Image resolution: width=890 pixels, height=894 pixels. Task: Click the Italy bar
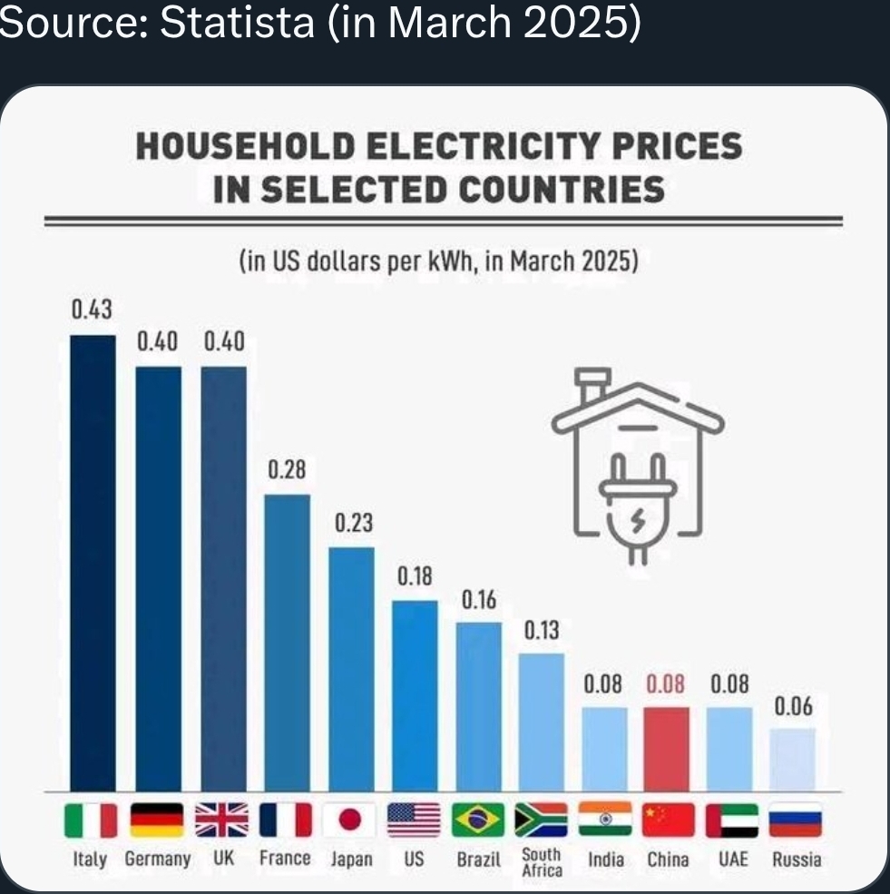click(x=93, y=563)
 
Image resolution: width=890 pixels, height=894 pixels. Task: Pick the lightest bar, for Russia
click(x=793, y=759)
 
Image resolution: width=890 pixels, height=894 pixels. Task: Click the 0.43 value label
click(x=93, y=310)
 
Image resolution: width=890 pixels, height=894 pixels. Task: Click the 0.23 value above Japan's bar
click(x=353, y=525)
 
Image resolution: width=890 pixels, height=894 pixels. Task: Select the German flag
click(x=157, y=820)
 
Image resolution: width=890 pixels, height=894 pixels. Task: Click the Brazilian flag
click(x=478, y=820)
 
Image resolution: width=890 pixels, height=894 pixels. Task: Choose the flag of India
click(x=604, y=820)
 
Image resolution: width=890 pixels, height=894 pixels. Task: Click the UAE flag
click(x=731, y=820)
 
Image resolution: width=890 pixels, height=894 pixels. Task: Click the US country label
click(x=414, y=859)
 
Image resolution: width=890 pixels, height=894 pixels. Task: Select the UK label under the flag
click(x=221, y=859)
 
